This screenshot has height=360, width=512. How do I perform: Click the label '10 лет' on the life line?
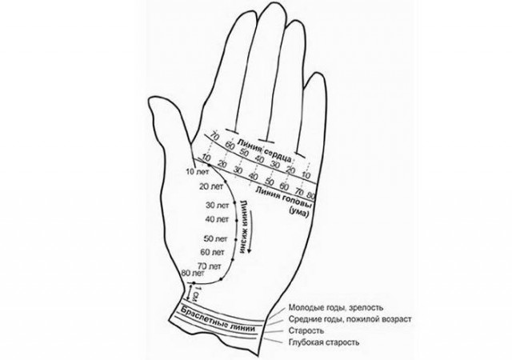coord(197,171)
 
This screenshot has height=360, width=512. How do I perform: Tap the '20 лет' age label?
coord(211,186)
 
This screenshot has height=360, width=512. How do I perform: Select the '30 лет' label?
coord(218,206)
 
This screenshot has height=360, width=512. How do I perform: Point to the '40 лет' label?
coord(217,219)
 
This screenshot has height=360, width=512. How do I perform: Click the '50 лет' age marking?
coord(215,239)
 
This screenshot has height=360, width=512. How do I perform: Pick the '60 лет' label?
coord(213,252)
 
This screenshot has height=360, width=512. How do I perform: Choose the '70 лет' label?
coord(210,266)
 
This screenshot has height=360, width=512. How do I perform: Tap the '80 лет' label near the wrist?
coord(193,272)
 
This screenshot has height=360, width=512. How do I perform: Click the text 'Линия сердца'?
coord(265,151)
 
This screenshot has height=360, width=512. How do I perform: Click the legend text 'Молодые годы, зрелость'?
coord(336,308)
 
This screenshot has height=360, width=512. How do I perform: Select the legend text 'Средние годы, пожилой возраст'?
coord(350,319)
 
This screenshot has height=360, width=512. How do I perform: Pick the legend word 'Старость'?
coord(306,330)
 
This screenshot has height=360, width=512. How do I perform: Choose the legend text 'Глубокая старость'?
coord(324,342)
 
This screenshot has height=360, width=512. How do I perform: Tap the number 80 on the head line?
coord(311,196)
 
